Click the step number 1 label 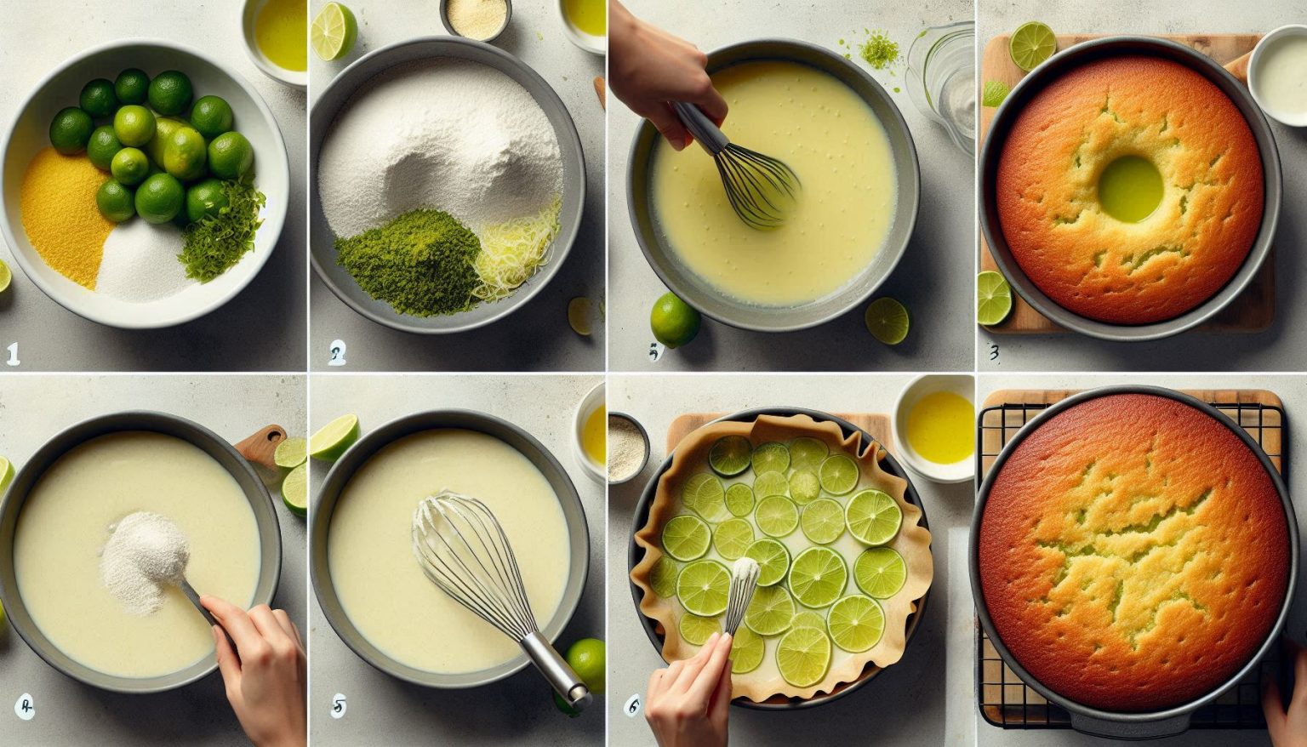click(x=13, y=352)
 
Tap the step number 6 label click(x=631, y=704)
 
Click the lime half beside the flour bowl click(x=333, y=31)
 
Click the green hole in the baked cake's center click(x=1130, y=188)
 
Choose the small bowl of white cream click(x=1280, y=75)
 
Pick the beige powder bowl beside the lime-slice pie click(x=628, y=446)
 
